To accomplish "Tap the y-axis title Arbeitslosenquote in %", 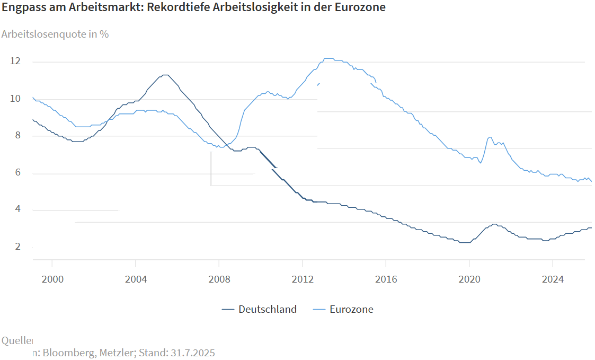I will click(55, 34).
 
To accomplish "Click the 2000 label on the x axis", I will click(52, 279).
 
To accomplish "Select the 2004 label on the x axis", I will click(135, 279).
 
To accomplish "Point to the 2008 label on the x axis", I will click(219, 279).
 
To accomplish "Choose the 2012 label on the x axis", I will click(302, 279).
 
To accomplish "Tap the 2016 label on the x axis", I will click(386, 279).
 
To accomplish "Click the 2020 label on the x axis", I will click(469, 279).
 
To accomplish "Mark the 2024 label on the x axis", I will click(553, 279).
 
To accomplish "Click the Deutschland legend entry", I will click(267, 310).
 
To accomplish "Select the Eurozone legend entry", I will click(351, 310).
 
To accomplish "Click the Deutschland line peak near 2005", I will click(165, 75).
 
